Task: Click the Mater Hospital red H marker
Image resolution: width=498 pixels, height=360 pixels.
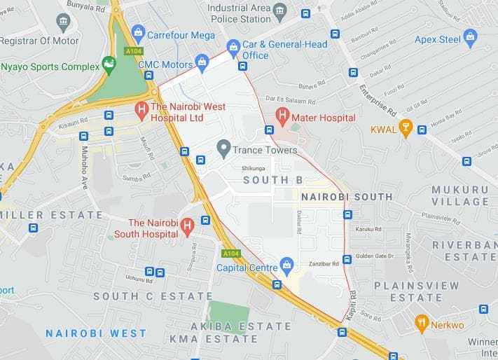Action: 283,114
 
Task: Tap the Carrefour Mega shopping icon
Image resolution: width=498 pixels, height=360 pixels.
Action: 138,32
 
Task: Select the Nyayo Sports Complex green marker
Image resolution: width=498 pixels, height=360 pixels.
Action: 109,65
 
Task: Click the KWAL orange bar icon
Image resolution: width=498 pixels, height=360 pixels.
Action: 405,127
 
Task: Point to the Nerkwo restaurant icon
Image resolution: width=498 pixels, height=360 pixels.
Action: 422,322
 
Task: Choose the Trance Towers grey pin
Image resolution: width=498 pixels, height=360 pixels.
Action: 223,148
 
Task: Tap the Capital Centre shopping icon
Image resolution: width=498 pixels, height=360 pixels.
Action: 286,265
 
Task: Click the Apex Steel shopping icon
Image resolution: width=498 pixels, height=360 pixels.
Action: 470,36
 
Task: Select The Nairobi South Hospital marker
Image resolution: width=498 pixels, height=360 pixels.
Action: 187,226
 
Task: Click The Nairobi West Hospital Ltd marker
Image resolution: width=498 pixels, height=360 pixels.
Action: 141,109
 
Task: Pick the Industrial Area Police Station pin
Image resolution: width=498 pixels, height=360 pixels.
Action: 280,11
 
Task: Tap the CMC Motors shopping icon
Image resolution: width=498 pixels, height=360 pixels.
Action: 202,62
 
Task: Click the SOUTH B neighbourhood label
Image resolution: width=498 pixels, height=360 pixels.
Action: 267,180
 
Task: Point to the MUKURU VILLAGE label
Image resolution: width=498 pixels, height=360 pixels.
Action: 459,195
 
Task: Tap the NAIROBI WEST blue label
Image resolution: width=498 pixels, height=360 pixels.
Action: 96,333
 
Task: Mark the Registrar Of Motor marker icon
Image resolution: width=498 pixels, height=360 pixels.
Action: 64,22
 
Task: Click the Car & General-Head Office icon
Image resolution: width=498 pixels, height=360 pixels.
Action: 233,48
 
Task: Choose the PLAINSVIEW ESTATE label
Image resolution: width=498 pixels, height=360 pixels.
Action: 416,291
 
